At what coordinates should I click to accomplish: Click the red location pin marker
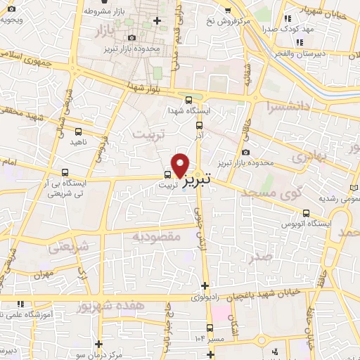[181, 164]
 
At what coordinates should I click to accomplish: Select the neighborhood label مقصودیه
[156, 237]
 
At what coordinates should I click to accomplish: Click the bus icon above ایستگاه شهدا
[188, 100]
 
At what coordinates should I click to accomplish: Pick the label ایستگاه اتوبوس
[304, 224]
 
